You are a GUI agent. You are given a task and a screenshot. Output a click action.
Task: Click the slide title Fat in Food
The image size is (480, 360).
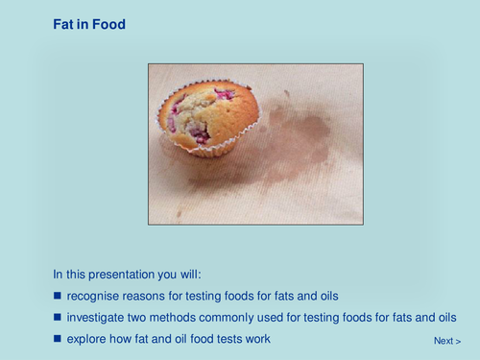pyautogui.click(x=89, y=24)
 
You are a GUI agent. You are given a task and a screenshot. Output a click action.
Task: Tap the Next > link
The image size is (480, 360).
pyautogui.click(x=446, y=341)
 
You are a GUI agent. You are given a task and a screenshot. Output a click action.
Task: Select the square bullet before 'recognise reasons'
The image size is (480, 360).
pyautogui.click(x=58, y=294)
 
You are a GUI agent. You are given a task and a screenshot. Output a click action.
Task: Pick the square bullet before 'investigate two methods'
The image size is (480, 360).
pyautogui.click(x=58, y=317)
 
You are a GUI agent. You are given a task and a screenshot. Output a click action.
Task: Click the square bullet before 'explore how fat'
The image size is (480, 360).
pyautogui.click(x=58, y=339)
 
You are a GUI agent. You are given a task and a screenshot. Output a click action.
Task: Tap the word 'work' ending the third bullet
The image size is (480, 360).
pyautogui.click(x=256, y=339)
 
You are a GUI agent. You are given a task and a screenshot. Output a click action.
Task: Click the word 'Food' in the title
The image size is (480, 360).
pyautogui.click(x=109, y=24)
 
